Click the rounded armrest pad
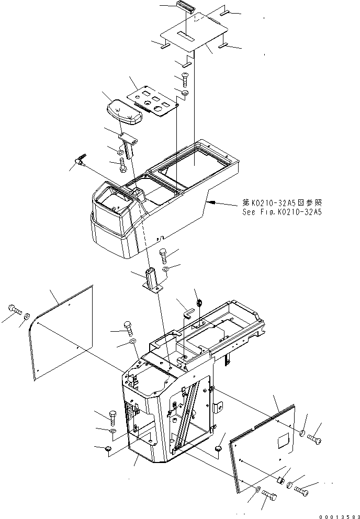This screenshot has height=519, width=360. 124,112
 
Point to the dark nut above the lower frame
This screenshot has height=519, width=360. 199,301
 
